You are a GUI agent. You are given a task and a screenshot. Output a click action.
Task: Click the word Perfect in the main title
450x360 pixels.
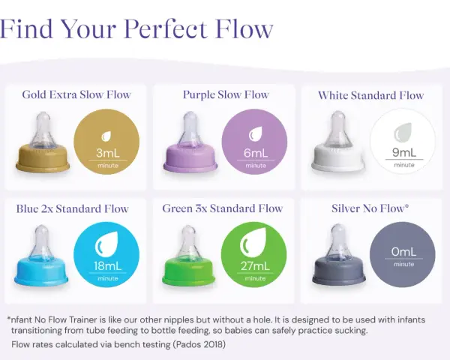click(166, 29)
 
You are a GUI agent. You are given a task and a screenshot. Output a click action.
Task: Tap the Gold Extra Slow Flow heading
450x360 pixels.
click(76, 94)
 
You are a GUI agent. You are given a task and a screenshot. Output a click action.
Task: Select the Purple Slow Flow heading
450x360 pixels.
click(226, 94)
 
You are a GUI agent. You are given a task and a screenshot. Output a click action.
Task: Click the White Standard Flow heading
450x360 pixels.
click(370, 95)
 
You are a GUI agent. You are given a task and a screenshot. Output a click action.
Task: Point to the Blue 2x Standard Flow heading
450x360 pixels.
click(72, 208)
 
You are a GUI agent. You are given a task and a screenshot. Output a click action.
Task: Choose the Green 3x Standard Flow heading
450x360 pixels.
click(223, 208)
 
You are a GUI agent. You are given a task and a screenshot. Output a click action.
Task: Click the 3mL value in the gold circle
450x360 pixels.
click(107, 153)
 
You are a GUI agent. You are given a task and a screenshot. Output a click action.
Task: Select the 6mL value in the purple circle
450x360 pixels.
click(256, 153)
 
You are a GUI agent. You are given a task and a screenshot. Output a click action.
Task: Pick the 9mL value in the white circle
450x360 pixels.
click(403, 152)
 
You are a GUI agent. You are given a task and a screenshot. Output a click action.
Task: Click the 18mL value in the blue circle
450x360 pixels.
click(107, 265)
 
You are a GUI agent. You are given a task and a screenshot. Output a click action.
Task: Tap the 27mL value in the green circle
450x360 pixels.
click(255, 265)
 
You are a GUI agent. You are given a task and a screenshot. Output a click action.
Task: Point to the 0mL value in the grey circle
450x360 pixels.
click(403, 252)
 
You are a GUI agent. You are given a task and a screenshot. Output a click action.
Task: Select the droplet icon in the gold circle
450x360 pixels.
click(106, 136)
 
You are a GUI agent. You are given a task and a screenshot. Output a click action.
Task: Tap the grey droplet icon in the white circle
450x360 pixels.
click(403, 132)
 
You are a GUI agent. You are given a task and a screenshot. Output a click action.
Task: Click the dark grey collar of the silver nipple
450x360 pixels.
click(339, 270)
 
